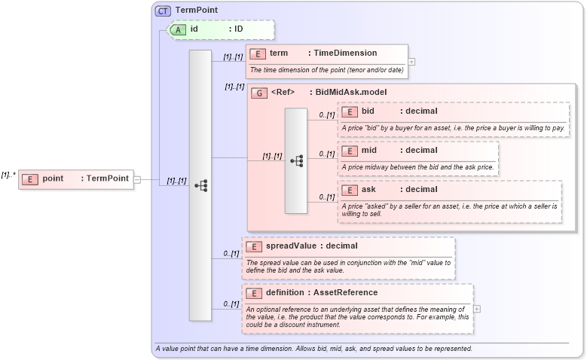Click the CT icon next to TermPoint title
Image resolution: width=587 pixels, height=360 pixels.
(163, 11)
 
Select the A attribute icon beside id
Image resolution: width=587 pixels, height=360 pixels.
(178, 29)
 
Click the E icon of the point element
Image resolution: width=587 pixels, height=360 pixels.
(30, 178)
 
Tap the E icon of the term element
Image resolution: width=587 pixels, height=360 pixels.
(257, 53)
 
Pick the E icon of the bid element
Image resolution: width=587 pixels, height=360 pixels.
(349, 111)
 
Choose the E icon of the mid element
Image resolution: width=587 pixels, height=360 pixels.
(349, 151)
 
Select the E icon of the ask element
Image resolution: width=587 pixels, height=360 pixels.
(349, 190)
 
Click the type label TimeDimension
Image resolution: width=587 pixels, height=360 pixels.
(345, 53)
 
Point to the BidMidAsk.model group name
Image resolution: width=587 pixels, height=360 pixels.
(351, 93)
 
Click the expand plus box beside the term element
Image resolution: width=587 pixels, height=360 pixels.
(411, 62)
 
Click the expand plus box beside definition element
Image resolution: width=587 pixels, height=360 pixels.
(477, 309)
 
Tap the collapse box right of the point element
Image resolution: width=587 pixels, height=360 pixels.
(137, 179)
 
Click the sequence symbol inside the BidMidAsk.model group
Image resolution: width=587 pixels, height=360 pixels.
(297, 160)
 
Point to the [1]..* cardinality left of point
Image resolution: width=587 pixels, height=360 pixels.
(8, 175)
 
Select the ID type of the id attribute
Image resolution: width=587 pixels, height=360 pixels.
(238, 29)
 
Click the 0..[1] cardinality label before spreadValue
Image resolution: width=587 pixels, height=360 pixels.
(231, 253)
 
